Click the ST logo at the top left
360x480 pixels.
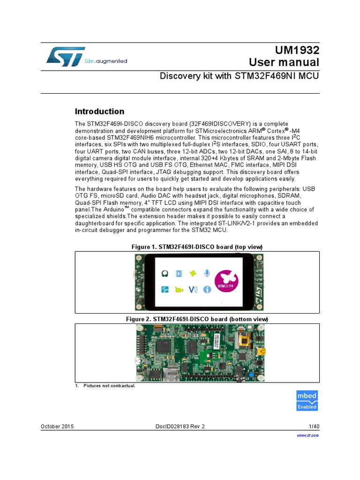pos(66,56)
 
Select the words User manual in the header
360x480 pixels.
pos(284,62)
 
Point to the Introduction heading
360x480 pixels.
pos(100,112)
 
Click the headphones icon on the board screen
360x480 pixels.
pos(165,273)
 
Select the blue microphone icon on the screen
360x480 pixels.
pos(207,273)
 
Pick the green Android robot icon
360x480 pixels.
pos(192,273)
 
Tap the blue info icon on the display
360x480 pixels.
pos(207,290)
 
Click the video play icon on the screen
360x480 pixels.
pos(179,273)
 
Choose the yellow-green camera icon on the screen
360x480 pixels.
pos(179,290)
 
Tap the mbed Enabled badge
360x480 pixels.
pos(307,400)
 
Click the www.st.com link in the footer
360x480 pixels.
pos(308,435)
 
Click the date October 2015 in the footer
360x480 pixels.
pos(57,426)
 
